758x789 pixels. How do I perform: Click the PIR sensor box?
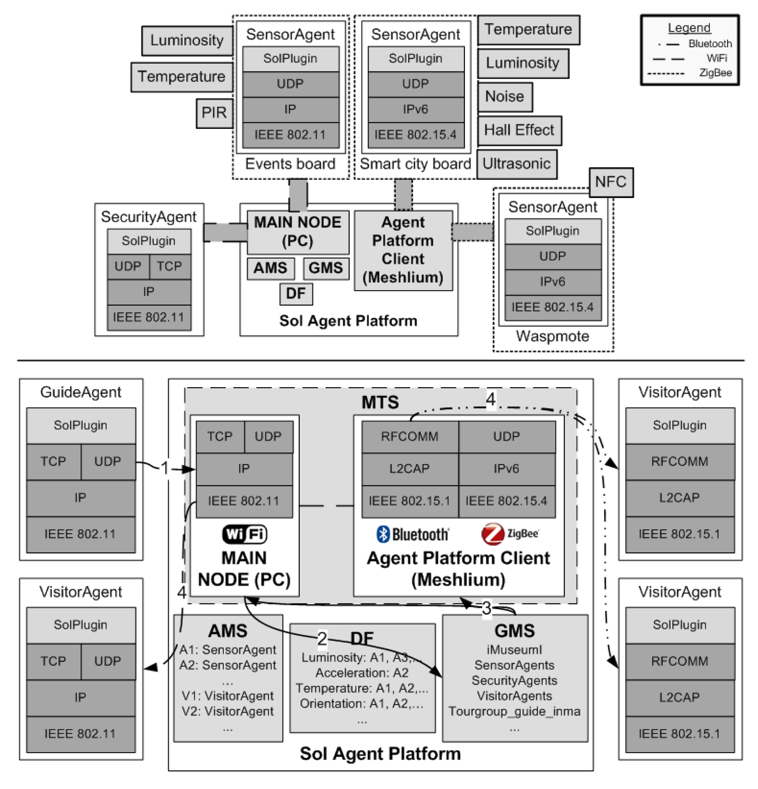[214, 113]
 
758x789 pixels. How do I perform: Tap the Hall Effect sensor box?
[519, 130]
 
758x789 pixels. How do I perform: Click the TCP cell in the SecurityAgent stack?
[169, 266]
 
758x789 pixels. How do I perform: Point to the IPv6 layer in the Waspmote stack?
[552, 281]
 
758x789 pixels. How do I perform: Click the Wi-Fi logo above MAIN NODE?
[244, 534]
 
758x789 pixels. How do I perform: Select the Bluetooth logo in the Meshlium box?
[413, 534]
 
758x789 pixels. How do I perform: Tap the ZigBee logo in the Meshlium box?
[509, 534]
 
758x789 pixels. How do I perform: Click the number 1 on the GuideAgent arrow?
[165, 468]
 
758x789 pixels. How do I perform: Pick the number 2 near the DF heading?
[322, 638]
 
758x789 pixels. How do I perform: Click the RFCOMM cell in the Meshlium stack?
[409, 436]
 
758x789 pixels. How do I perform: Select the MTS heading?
[380, 402]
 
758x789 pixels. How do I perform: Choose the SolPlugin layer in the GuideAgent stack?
[81, 425]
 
